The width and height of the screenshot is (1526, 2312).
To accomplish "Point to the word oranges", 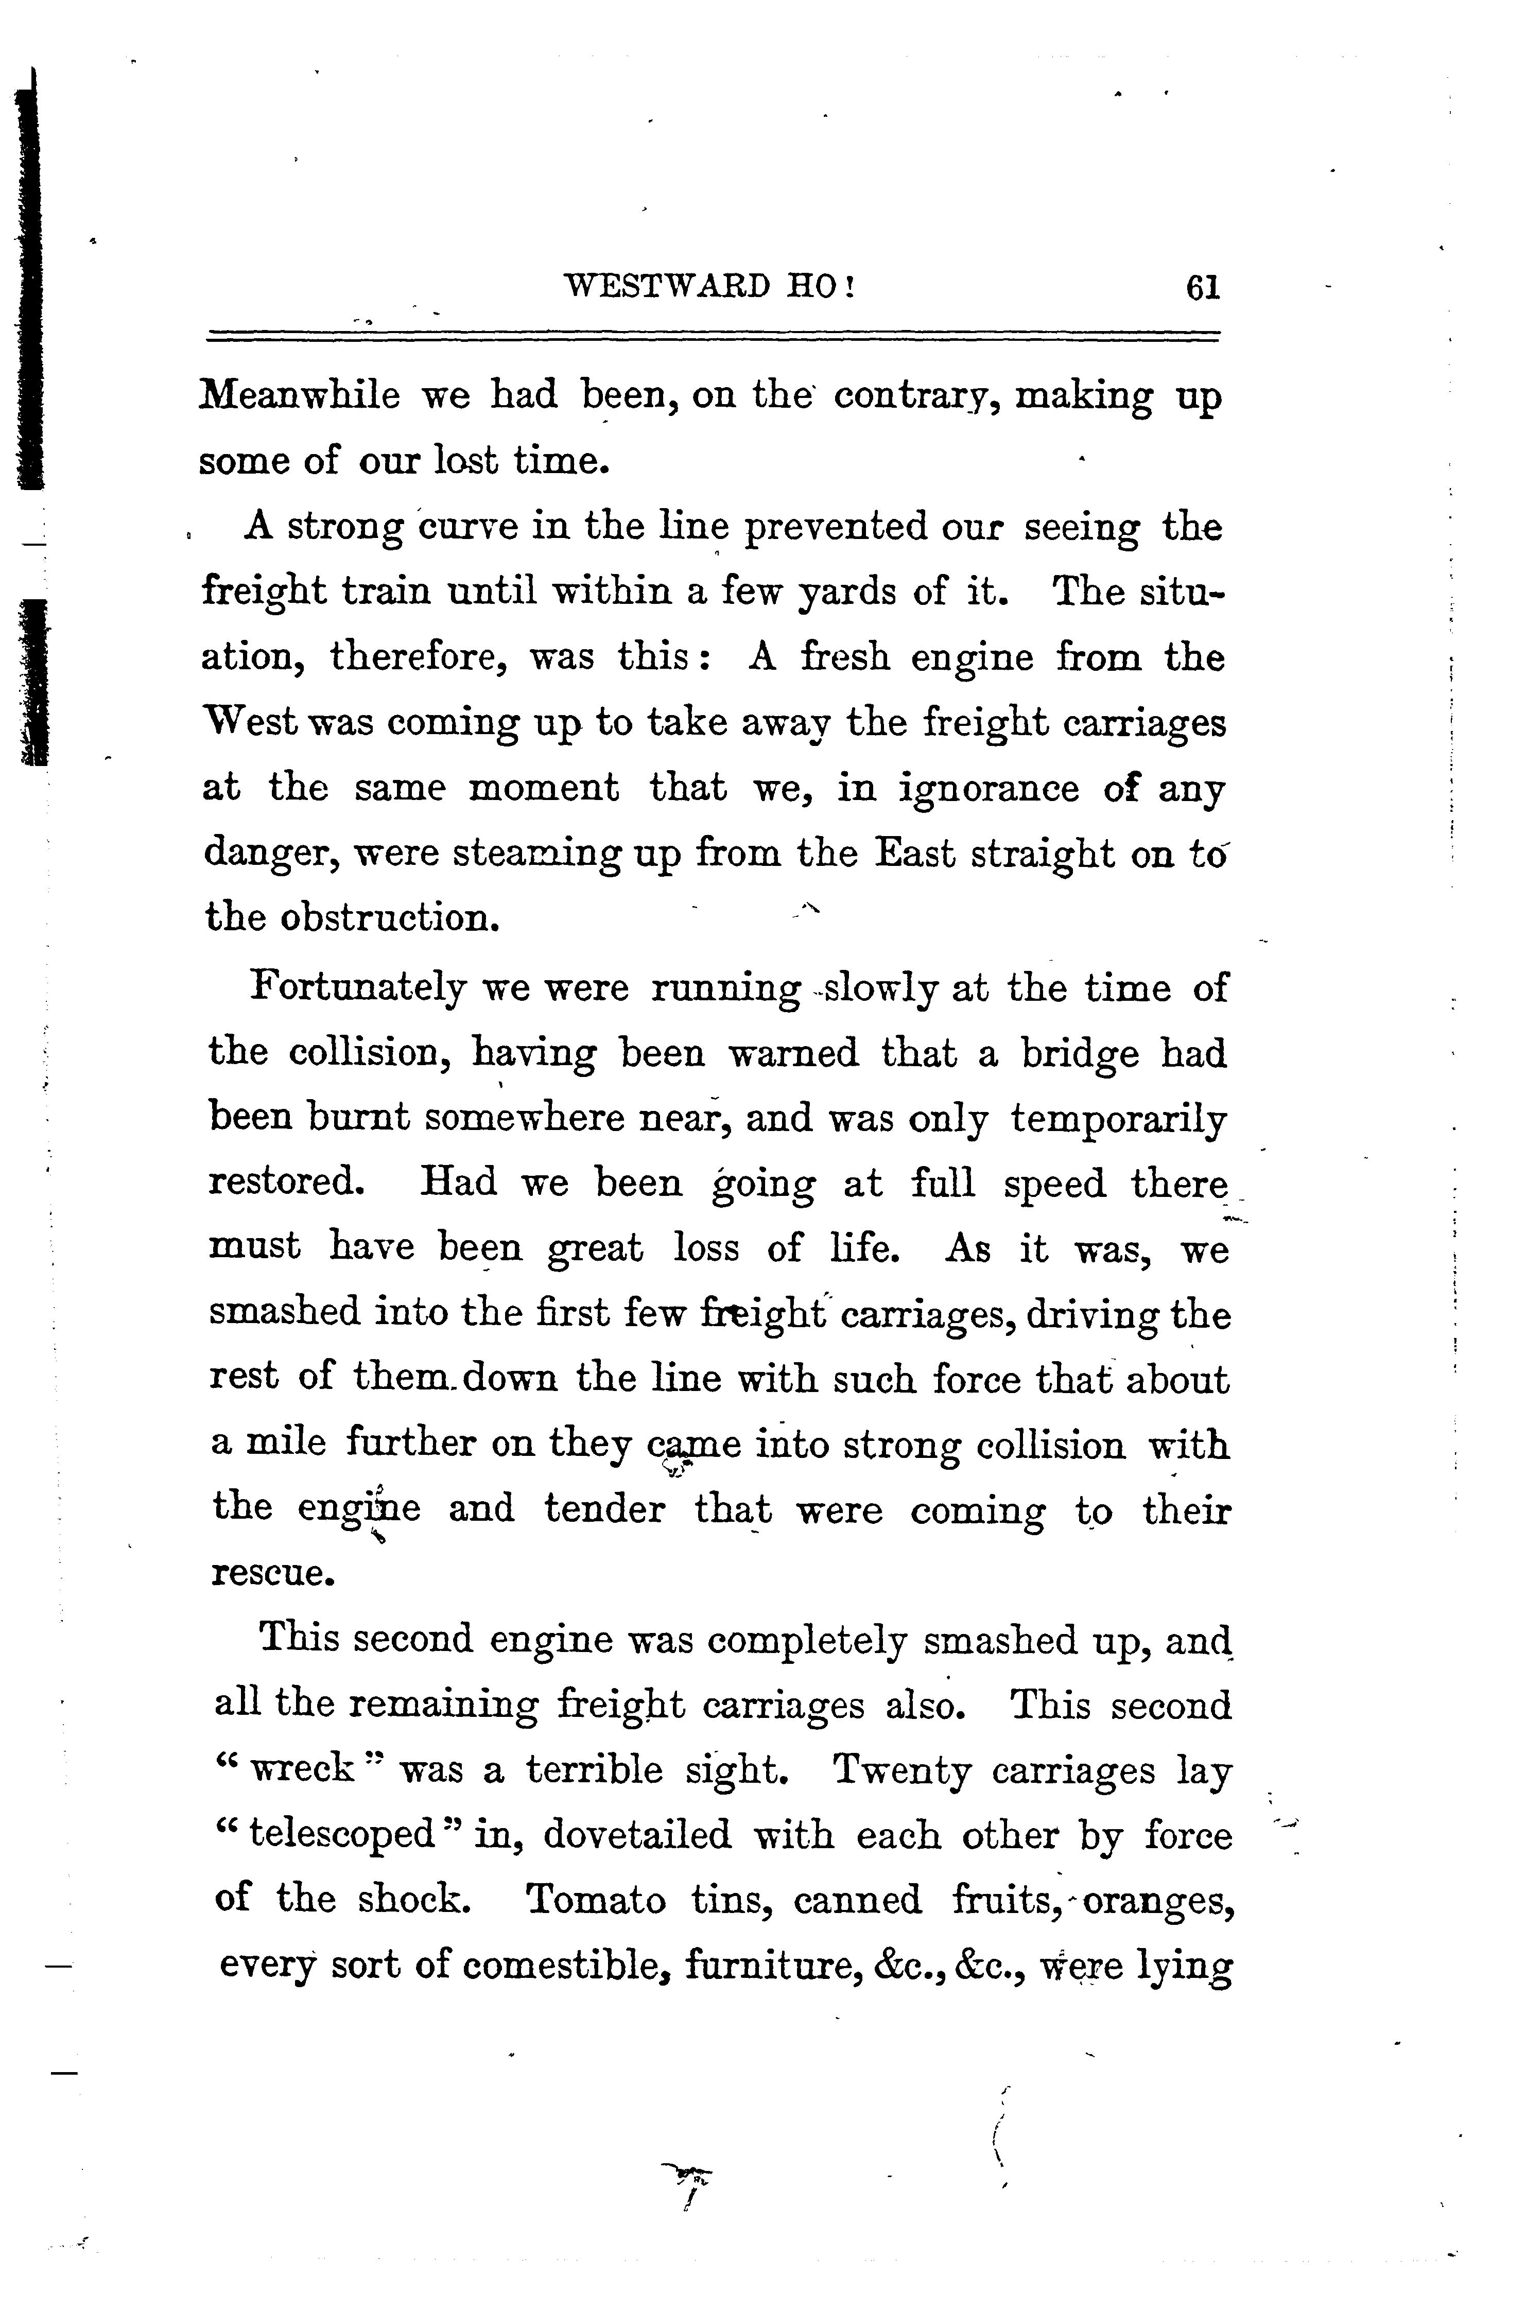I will pos(1158,1900).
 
